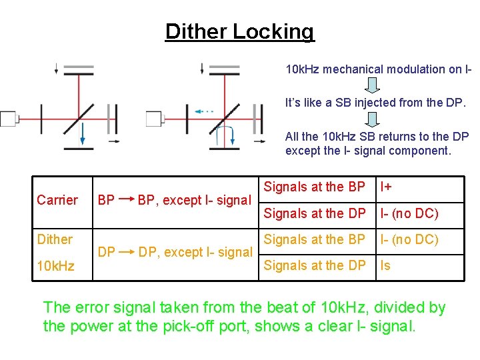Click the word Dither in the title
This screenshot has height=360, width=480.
pos(196,31)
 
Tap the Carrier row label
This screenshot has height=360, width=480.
pos(57,200)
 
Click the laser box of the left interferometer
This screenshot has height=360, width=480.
pos(9,119)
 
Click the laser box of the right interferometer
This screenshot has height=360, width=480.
pos(155,119)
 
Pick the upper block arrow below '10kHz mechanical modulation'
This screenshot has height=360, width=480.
pos(373,85)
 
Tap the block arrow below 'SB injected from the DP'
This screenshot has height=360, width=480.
pos(373,118)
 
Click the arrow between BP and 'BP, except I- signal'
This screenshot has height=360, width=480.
pos(125,199)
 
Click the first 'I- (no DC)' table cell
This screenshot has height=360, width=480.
pos(409,213)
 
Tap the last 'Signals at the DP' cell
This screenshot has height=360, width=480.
pos(315,265)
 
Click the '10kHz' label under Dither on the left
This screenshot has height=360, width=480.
pos(55,266)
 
